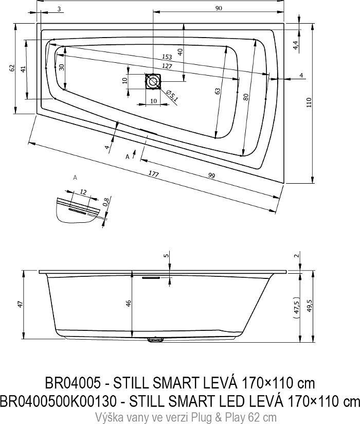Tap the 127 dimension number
click(x=166, y=66)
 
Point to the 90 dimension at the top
click(x=219, y=8)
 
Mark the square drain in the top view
click(x=153, y=81)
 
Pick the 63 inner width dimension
click(x=218, y=91)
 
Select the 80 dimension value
click(x=246, y=96)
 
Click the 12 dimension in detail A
click(x=83, y=192)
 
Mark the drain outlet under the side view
click(x=154, y=339)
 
